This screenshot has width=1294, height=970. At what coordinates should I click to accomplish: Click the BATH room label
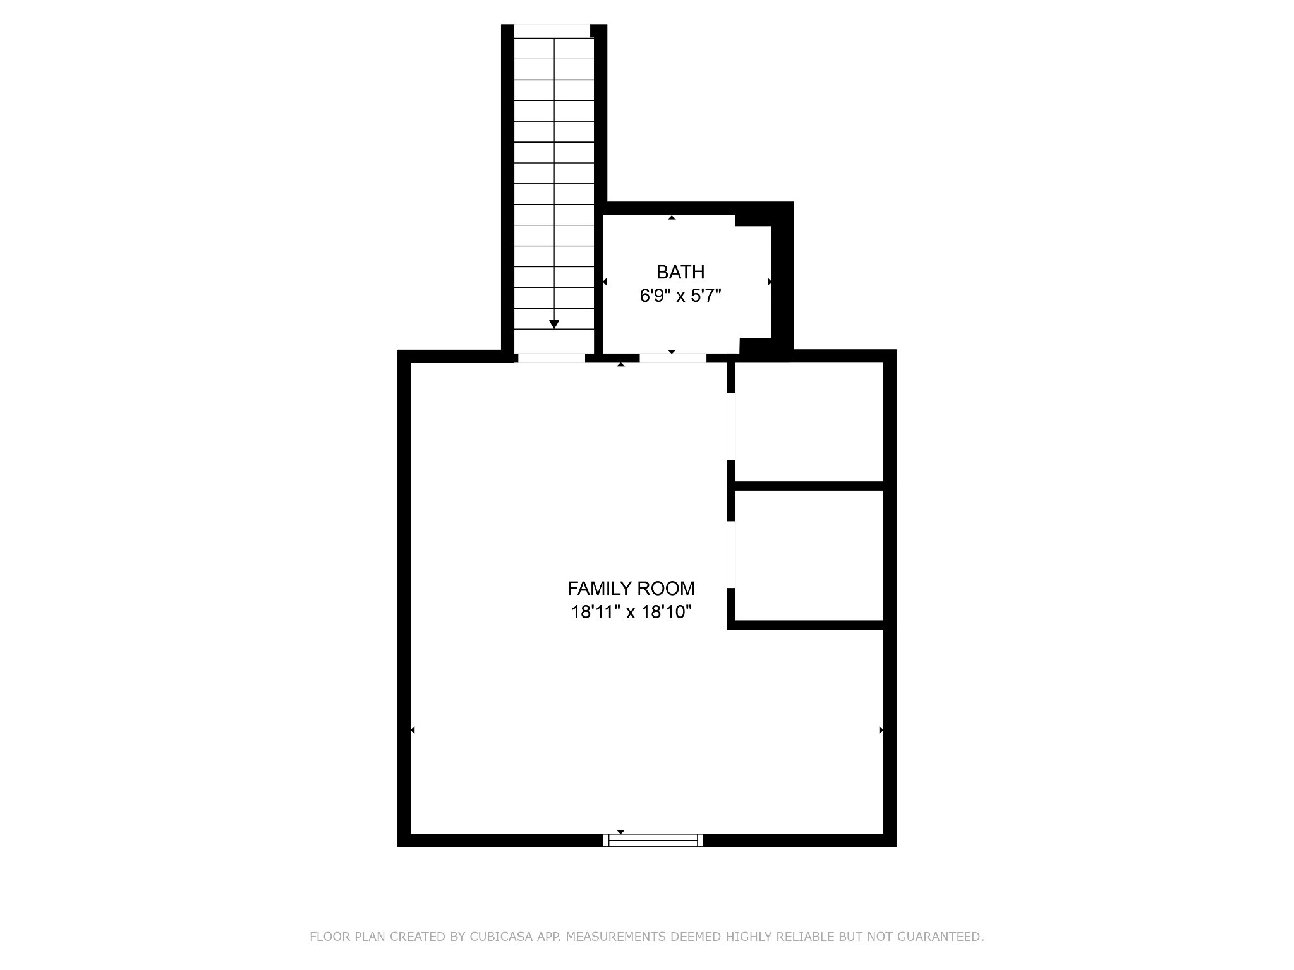pyautogui.click(x=680, y=272)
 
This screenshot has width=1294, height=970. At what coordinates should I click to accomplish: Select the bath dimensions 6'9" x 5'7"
pyautogui.click(x=680, y=296)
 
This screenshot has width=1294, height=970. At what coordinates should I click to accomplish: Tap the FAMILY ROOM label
pyautogui.click(x=631, y=589)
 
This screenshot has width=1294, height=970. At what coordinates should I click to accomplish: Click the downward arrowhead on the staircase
pyautogui.click(x=554, y=325)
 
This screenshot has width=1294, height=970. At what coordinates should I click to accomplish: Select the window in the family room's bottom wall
pyautogui.click(x=653, y=840)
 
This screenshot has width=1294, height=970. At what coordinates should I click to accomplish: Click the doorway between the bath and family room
pyautogui.click(x=672, y=358)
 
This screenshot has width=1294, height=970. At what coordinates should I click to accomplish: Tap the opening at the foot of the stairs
pyautogui.click(x=551, y=358)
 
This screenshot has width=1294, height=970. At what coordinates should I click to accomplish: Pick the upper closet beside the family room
pyautogui.click(x=809, y=421)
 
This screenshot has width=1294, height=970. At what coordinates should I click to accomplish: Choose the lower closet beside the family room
pyautogui.click(x=809, y=556)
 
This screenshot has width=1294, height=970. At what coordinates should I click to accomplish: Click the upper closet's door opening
pyautogui.click(x=731, y=427)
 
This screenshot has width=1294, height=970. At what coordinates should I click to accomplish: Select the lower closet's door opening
pyautogui.click(x=731, y=554)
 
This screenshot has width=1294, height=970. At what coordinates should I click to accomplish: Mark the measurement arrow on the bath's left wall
pyautogui.click(x=605, y=282)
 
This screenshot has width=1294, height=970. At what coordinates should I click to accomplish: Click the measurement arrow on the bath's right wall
pyautogui.click(x=769, y=282)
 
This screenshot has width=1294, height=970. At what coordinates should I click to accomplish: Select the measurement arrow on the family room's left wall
pyautogui.click(x=413, y=730)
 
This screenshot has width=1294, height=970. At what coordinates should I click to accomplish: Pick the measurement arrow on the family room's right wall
pyautogui.click(x=881, y=730)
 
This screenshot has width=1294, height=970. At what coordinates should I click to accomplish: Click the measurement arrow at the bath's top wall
pyautogui.click(x=672, y=218)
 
